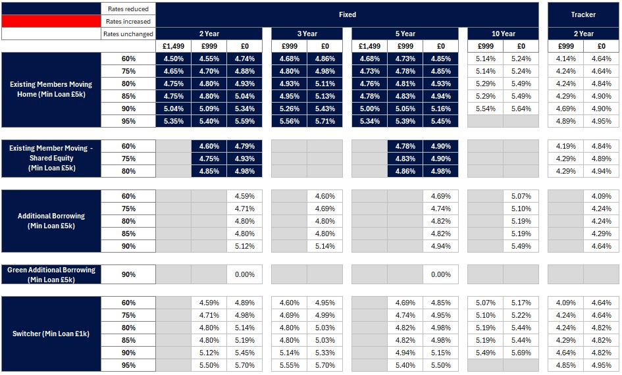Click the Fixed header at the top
coord(347,14)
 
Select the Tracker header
coord(583,14)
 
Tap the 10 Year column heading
coord(503,34)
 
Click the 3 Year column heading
coord(307,34)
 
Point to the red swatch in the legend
coord(51,22)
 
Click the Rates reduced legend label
coord(128,9)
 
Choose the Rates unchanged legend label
coord(128,34)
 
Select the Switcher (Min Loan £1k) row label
coord(51,334)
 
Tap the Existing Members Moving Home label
coord(51,89)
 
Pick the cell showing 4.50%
coord(173,59)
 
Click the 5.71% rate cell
coord(325,121)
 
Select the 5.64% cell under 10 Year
coord(521,109)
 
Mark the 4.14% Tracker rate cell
coord(565,59)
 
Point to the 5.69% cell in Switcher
coord(521,353)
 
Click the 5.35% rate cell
coord(173,121)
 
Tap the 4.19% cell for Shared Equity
coord(565,146)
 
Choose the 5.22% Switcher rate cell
coord(521,315)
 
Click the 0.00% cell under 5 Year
coord(440,274)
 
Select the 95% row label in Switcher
coord(128,365)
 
